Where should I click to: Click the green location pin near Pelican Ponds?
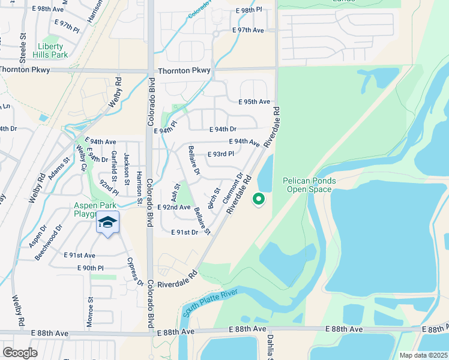coord(259,198)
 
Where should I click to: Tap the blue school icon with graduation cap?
coord(107,223)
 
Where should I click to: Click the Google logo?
coord(20,352)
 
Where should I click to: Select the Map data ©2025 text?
coord(424,355)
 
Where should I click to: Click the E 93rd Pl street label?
coord(220,154)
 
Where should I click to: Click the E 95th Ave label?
coord(254,102)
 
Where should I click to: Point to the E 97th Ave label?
coord(248,30)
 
